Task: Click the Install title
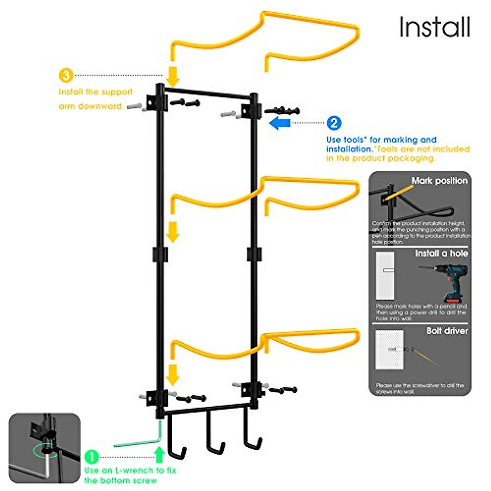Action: (435, 27)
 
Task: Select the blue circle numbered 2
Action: (334, 123)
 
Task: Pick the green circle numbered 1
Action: (92, 457)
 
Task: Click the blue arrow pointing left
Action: (280, 123)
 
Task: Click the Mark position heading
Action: (439, 181)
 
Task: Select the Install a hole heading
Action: (441, 254)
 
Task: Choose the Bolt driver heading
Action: (447, 331)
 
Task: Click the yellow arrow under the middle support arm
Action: (173, 232)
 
